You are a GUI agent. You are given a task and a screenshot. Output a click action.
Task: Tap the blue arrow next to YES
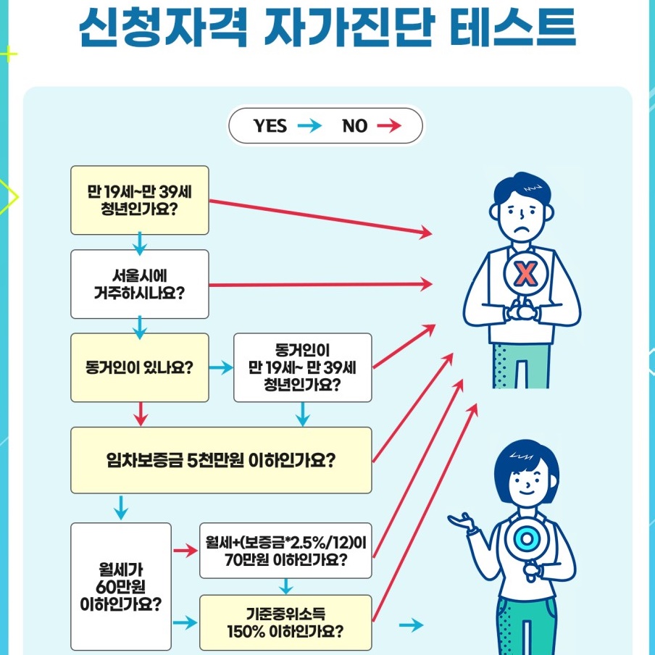309,126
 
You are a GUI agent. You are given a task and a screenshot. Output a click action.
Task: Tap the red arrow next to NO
389,126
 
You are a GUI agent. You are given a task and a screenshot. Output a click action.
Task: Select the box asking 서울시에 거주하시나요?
139,284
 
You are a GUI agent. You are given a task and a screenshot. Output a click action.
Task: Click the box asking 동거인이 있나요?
139,367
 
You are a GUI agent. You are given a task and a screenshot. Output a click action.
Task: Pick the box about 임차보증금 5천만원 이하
220,460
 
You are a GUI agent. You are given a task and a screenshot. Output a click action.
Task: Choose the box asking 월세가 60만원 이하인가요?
120,585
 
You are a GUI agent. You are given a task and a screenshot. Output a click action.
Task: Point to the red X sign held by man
525,274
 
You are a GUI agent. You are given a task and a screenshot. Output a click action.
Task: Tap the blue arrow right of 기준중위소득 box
411,625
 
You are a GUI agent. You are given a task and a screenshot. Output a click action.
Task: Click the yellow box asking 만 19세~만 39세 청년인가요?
139,200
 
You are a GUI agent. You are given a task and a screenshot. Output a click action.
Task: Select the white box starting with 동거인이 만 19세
302,367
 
